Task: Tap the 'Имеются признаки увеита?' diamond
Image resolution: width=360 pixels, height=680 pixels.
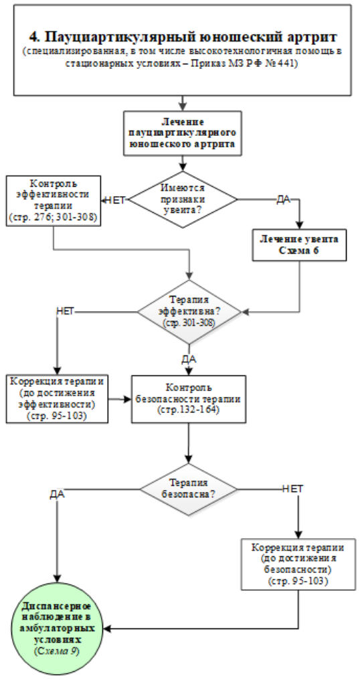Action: click(x=183, y=199)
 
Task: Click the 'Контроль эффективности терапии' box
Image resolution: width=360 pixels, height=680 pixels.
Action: click(x=54, y=200)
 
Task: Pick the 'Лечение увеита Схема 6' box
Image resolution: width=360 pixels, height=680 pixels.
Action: click(x=300, y=245)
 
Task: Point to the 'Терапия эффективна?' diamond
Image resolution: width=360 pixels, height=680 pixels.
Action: click(x=189, y=313)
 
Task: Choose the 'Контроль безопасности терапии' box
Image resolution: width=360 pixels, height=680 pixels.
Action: click(x=189, y=399)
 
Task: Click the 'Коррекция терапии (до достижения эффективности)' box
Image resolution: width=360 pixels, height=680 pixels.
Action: click(x=57, y=399)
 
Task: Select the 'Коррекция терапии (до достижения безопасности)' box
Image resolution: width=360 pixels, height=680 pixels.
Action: click(x=298, y=564)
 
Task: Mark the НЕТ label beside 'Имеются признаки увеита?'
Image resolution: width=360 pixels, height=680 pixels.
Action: click(x=115, y=200)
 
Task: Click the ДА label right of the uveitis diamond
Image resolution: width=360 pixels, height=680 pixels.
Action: click(x=283, y=200)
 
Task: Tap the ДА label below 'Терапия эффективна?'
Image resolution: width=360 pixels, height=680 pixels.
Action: click(x=189, y=359)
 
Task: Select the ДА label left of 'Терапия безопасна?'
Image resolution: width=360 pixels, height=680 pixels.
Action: click(x=58, y=495)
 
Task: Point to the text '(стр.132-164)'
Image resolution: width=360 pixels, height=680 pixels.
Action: click(x=189, y=410)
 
